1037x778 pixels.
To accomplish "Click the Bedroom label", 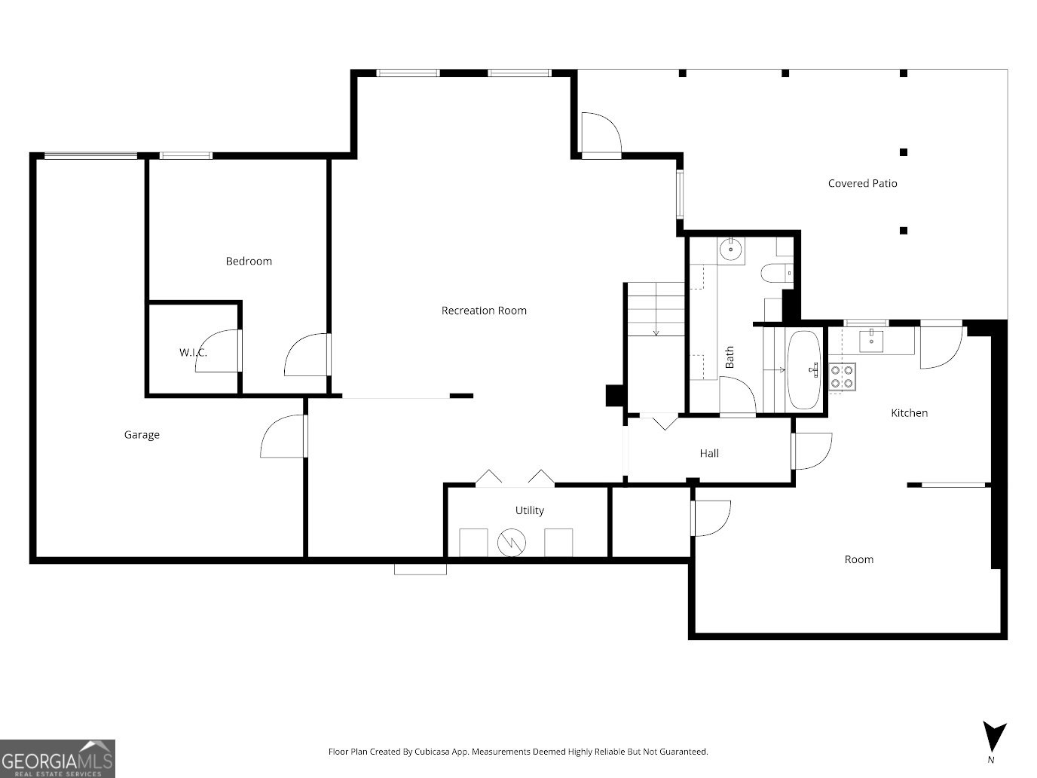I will tap(249, 262).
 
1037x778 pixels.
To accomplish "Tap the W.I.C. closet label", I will tap(192, 353).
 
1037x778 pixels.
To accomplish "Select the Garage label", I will tap(142, 435).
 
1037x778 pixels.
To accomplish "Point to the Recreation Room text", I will tap(484, 311).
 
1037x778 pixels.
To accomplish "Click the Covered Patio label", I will tap(862, 183).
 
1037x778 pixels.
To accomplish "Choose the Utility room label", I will tap(529, 510).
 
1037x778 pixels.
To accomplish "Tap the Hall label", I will tap(708, 453).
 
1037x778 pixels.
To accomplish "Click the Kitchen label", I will tap(909, 413).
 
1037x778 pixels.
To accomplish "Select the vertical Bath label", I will tap(730, 357).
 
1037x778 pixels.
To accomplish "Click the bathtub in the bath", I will tap(804, 369).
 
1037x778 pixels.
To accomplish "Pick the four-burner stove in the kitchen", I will tap(842, 376).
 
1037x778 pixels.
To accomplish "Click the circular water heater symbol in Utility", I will tap(510, 542).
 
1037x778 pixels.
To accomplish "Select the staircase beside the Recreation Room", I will tap(654, 309).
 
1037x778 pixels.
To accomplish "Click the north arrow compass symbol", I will tap(993, 735).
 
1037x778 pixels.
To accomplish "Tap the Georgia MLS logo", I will tap(57, 758).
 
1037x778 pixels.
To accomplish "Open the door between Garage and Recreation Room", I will tap(284, 437).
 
